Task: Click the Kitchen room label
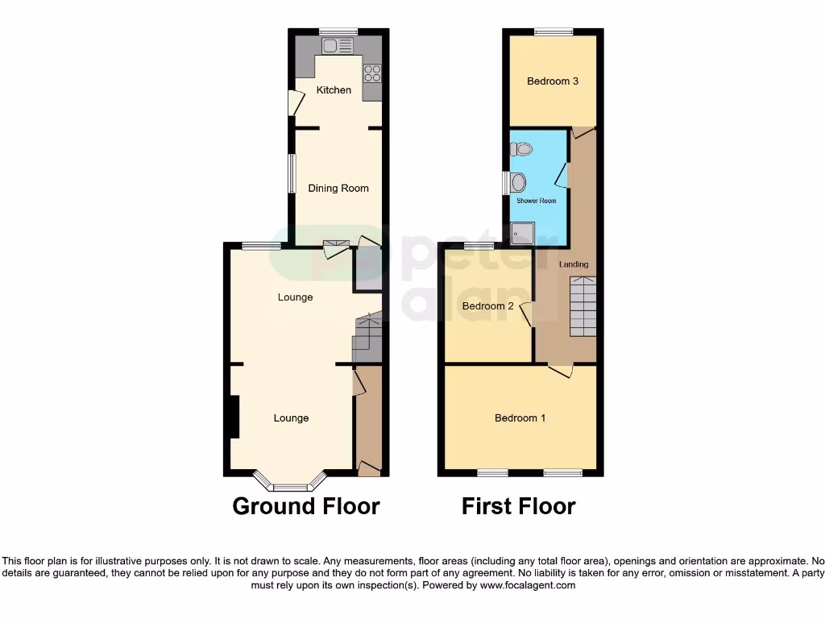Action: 334,90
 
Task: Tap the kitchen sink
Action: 338,46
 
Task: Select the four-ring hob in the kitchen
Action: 372,73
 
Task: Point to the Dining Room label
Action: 338,189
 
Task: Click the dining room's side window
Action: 292,173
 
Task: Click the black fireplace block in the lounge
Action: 234,417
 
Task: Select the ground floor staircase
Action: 367,337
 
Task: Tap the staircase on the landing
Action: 582,306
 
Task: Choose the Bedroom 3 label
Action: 553,81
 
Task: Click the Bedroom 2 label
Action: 487,306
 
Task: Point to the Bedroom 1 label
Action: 520,418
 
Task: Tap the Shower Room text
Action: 536,201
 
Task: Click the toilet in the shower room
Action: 521,149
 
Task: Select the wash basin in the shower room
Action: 518,182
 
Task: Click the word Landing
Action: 574,264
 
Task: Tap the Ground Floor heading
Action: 306,506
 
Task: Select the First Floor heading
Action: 518,506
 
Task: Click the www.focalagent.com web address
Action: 527,585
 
